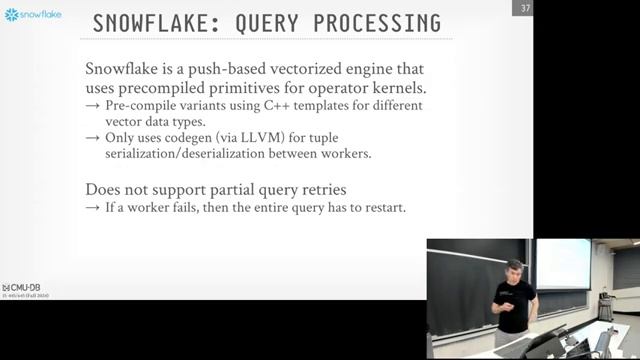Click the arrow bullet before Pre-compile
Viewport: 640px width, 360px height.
coord(92,105)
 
